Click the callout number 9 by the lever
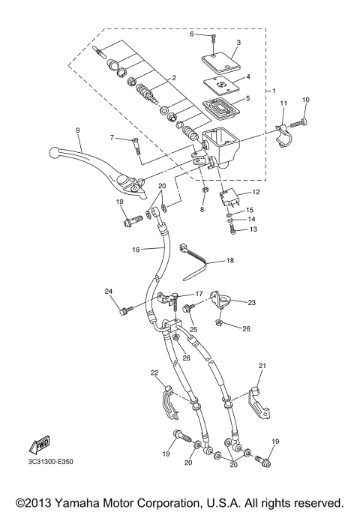(76, 130)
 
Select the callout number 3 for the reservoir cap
(238, 43)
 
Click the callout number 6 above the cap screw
(191, 34)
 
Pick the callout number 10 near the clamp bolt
(305, 100)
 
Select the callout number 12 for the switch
(256, 193)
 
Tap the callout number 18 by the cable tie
(230, 260)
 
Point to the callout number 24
(108, 292)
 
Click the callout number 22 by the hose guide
(154, 373)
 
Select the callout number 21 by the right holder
(262, 367)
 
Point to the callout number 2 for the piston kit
(173, 78)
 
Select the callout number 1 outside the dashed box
(274, 91)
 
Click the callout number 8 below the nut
(202, 211)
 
